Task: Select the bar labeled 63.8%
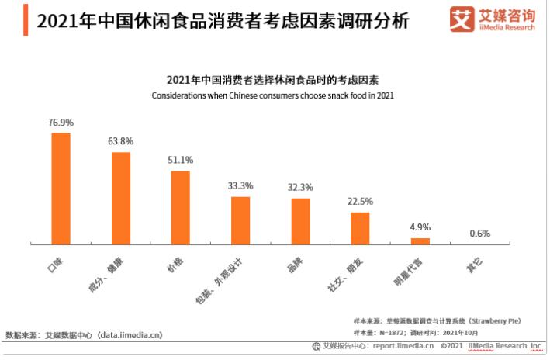point(120,198)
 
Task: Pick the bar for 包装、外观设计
point(240,220)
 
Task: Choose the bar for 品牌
point(300,221)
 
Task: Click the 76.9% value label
point(61,123)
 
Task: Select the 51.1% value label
point(180,160)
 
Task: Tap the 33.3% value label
point(240,186)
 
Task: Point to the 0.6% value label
point(479,234)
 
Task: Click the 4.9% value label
point(420,227)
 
